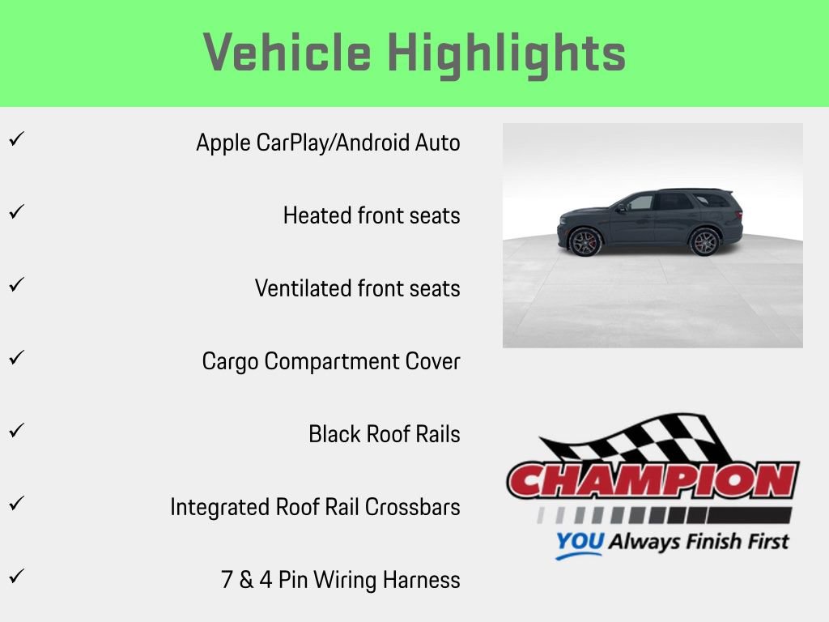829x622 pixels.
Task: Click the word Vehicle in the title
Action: click(287, 53)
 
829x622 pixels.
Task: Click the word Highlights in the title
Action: click(506, 54)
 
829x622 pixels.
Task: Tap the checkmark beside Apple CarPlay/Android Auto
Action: click(15, 138)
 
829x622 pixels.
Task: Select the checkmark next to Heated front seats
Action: click(15, 211)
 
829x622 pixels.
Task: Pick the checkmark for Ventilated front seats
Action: click(15, 284)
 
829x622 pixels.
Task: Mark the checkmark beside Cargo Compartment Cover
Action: click(15, 357)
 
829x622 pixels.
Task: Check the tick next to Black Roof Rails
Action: click(15, 430)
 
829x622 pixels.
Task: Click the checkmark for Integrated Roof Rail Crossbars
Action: click(15, 503)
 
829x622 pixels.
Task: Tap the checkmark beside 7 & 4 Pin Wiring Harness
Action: click(15, 576)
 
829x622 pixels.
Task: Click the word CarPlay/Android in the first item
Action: click(334, 143)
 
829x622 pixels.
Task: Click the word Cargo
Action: click(231, 361)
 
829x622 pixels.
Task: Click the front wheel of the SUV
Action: click(585, 242)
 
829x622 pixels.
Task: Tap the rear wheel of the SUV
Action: click(704, 242)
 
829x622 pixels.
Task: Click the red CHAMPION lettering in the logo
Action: click(653, 480)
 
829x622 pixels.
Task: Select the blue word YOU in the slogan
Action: click(579, 542)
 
